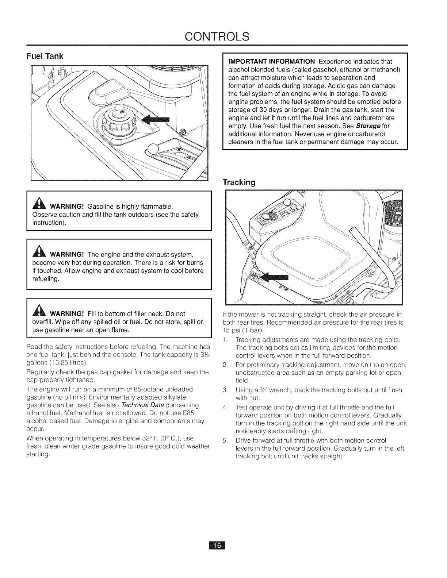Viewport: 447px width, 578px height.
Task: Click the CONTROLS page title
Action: coord(217,36)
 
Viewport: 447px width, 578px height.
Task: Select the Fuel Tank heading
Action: coord(45,56)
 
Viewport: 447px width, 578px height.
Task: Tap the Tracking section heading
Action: coord(239,182)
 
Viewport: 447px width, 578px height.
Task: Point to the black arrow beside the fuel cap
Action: coord(156,119)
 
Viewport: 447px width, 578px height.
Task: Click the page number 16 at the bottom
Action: coord(217,556)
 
